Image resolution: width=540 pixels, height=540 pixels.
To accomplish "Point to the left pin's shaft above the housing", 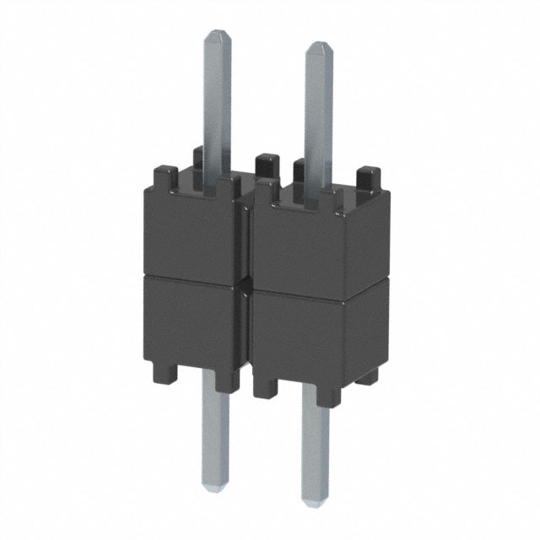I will (x=217, y=101).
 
